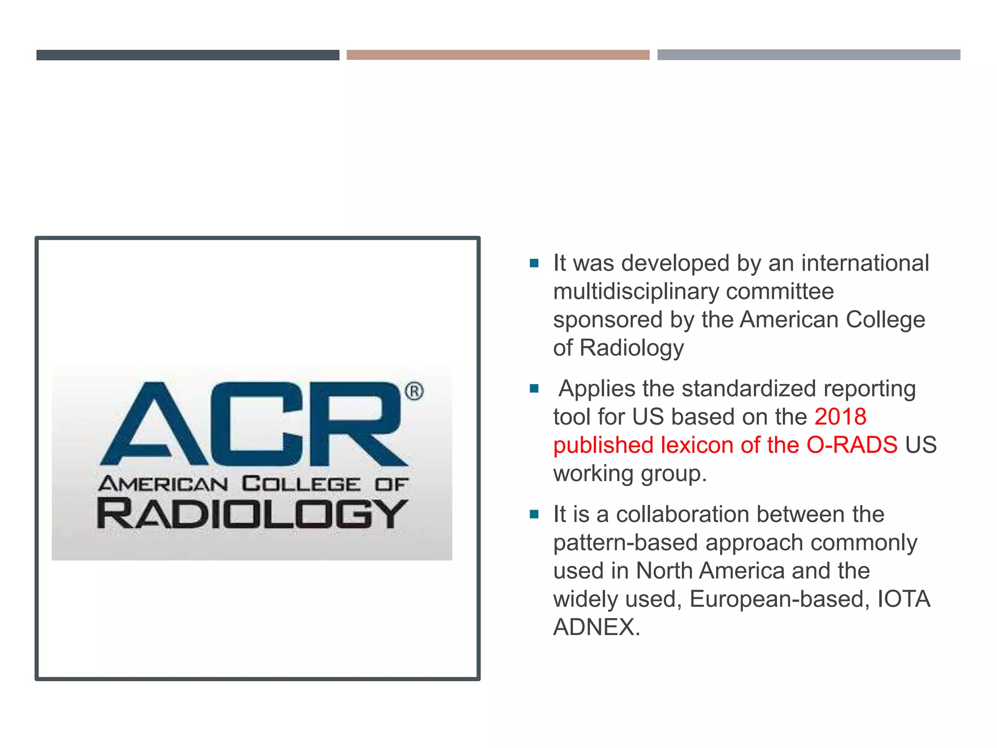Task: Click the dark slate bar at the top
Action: pos(187,55)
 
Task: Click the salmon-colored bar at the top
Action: pos(498,55)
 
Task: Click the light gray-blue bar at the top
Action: pos(808,55)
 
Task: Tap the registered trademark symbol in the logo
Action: pos(414,392)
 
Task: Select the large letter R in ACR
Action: pos(359,424)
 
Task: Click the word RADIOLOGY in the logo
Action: pos(252,513)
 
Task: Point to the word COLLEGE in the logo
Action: pos(301,484)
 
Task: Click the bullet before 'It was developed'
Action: pos(534,263)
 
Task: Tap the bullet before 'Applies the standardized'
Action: pos(534,389)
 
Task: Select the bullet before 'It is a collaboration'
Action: pos(534,514)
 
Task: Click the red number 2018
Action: pos(840,417)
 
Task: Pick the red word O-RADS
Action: pos(851,445)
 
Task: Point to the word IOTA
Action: pos(904,599)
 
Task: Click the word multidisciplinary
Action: pos(636,292)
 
